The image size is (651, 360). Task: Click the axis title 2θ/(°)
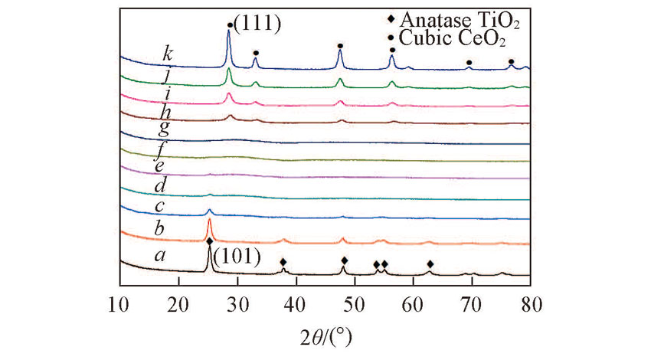tap(325, 334)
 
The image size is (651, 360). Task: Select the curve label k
tap(167, 54)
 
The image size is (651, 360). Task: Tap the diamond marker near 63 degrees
tap(430, 264)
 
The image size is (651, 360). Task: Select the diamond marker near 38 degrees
tap(283, 261)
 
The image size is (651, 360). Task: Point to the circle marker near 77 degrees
tap(511, 61)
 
